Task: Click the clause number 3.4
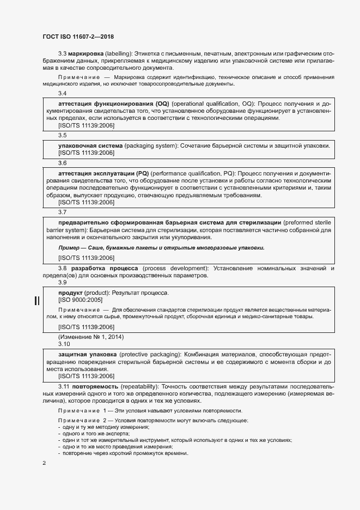[62, 94]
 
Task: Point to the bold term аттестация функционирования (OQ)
[114, 104]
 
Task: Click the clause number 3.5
[62, 135]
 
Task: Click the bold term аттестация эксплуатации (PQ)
[103, 173]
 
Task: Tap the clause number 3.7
[62, 212]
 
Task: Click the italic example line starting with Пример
[161, 247]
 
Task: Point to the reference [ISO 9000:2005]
[80, 300]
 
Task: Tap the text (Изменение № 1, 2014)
[83, 337]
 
